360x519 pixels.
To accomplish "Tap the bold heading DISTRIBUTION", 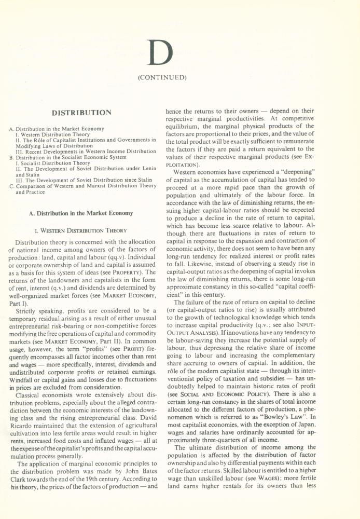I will point(82,112).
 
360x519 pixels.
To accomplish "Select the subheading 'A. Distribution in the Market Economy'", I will point(83,213).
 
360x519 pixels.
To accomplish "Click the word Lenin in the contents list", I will point(147,169).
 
